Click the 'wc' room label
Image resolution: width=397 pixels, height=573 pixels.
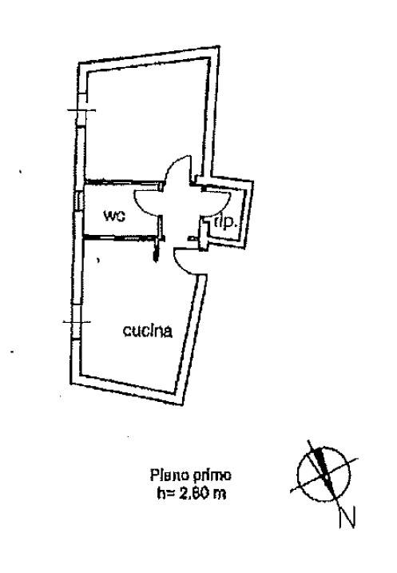[115, 216]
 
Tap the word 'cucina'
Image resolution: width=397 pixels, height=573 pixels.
[148, 331]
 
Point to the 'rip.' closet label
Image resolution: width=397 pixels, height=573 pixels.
[226, 222]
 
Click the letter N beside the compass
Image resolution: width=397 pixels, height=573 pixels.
[347, 517]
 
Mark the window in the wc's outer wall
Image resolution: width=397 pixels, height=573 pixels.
[78, 201]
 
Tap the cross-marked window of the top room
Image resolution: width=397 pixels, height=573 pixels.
[81, 110]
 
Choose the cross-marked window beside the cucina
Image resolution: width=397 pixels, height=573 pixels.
[77, 322]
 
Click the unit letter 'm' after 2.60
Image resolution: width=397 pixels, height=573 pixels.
[220, 495]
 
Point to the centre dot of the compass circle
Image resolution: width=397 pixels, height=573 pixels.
[326, 478]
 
